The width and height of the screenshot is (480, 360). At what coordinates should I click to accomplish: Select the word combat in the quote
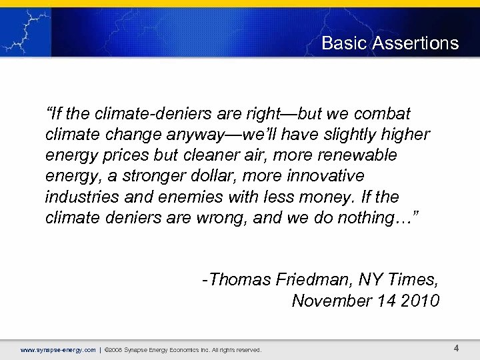tap(385, 113)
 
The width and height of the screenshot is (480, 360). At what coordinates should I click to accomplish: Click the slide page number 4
tap(456, 348)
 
